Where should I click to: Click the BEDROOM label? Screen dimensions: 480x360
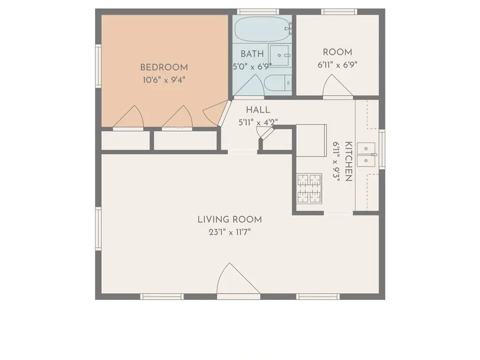click(x=164, y=67)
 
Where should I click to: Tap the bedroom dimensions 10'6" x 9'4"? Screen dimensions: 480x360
click(x=164, y=80)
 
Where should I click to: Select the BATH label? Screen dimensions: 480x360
click(x=252, y=54)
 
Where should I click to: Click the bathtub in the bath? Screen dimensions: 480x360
click(x=262, y=29)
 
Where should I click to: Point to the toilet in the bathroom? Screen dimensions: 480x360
click(x=277, y=82)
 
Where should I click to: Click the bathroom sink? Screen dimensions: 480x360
click(x=279, y=55)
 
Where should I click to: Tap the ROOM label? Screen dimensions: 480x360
click(x=337, y=52)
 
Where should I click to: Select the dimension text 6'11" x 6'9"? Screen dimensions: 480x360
click(x=337, y=65)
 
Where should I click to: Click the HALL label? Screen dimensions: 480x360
click(x=258, y=110)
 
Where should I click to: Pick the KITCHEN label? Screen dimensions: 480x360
click(x=348, y=161)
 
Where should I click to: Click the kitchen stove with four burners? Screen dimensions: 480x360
click(x=309, y=188)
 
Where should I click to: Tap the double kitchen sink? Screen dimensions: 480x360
click(x=366, y=155)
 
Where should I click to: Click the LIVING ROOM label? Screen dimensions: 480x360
click(x=230, y=219)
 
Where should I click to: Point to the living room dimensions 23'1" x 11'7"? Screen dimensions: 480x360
click(x=230, y=232)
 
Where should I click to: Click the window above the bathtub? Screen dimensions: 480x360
click(x=258, y=12)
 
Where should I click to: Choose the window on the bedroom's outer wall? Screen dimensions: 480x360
click(x=98, y=66)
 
